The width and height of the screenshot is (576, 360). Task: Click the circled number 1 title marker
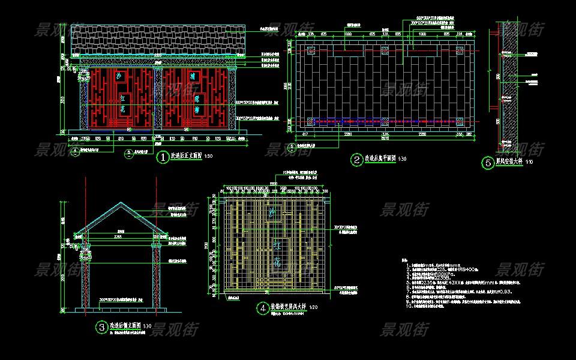point(163,158)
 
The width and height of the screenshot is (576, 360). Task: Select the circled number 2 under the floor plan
point(358,160)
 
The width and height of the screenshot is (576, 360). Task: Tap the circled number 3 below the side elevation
point(101,327)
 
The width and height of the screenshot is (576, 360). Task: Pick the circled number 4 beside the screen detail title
point(263,308)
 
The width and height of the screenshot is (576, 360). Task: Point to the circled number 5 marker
point(488,163)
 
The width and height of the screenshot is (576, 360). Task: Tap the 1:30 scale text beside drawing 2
point(402,160)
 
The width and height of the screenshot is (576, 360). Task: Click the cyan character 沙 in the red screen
point(119,77)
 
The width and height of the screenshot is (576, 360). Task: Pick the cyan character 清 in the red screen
point(193,77)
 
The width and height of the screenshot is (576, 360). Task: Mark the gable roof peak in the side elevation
point(121,204)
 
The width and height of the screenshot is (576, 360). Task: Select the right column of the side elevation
point(157,273)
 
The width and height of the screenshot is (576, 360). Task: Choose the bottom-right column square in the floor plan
point(460,122)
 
